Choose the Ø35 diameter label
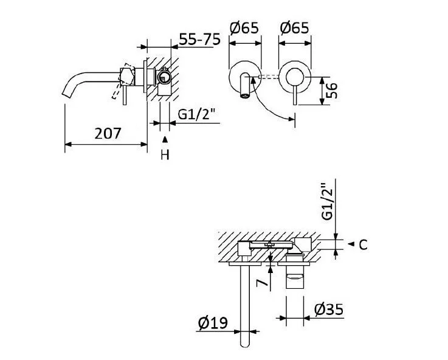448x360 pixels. [329, 310]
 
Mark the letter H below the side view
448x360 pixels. [164, 155]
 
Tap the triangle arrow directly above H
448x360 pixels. [164, 140]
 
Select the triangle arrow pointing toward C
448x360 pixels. [350, 244]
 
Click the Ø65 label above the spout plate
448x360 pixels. [245, 28]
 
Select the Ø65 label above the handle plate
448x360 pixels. [294, 28]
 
